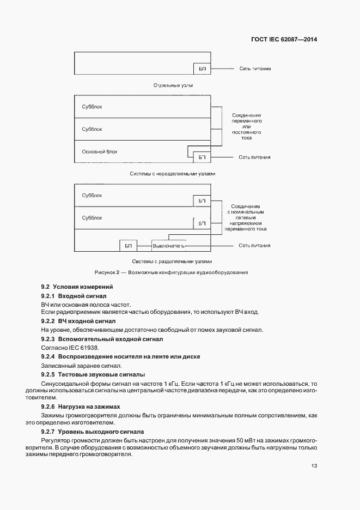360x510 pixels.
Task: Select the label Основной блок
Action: coord(99,152)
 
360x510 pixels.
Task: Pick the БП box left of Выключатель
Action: coord(129,246)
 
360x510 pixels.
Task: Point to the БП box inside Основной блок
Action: coord(202,157)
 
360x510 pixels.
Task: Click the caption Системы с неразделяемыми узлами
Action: coord(173,174)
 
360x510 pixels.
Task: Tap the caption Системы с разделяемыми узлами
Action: coord(173,261)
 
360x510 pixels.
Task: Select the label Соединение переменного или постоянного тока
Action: coord(246,127)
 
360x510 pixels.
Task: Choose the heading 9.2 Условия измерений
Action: coord(77,287)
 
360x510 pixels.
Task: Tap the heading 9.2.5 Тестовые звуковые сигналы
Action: coord(93,375)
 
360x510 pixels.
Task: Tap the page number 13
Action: coord(314,466)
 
